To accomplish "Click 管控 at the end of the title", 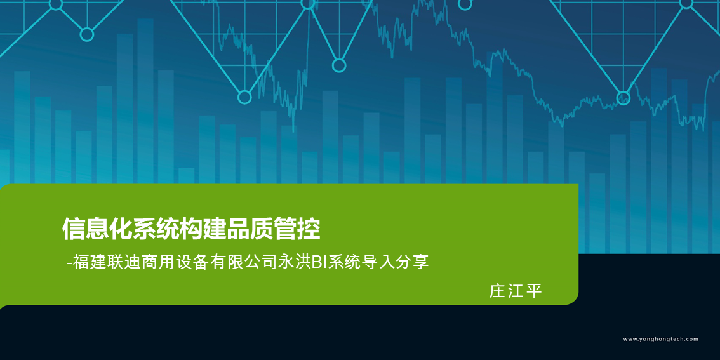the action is pos(297,229).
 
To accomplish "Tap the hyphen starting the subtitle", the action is pos(70,265).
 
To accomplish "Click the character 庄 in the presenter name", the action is pos(497,291).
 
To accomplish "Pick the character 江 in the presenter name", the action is pos(516,291).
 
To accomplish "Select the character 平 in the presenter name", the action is pos(534,291).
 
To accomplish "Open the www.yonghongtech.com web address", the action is pos(661,339).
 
